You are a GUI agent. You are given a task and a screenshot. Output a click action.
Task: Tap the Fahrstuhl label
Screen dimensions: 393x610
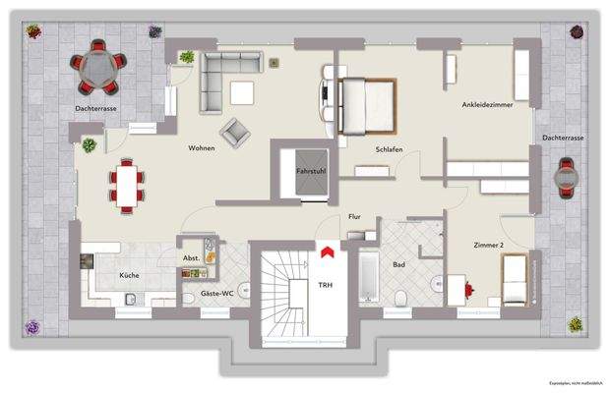click(305, 172)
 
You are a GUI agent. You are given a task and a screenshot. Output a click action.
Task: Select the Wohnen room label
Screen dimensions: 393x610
click(204, 147)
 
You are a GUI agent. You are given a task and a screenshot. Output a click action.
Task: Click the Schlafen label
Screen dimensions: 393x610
click(389, 149)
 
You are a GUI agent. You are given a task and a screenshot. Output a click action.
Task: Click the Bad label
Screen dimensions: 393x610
click(398, 265)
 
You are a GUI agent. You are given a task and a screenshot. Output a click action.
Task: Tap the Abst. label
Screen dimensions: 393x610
click(191, 258)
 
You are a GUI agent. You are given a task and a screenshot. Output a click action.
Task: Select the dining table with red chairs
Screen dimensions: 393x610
click(126, 184)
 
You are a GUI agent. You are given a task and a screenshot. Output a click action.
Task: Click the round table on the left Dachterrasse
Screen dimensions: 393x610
click(98, 65)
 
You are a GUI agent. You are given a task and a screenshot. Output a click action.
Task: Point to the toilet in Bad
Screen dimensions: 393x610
click(400, 298)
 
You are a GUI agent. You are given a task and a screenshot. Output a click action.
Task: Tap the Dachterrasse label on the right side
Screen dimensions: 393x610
click(562, 139)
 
